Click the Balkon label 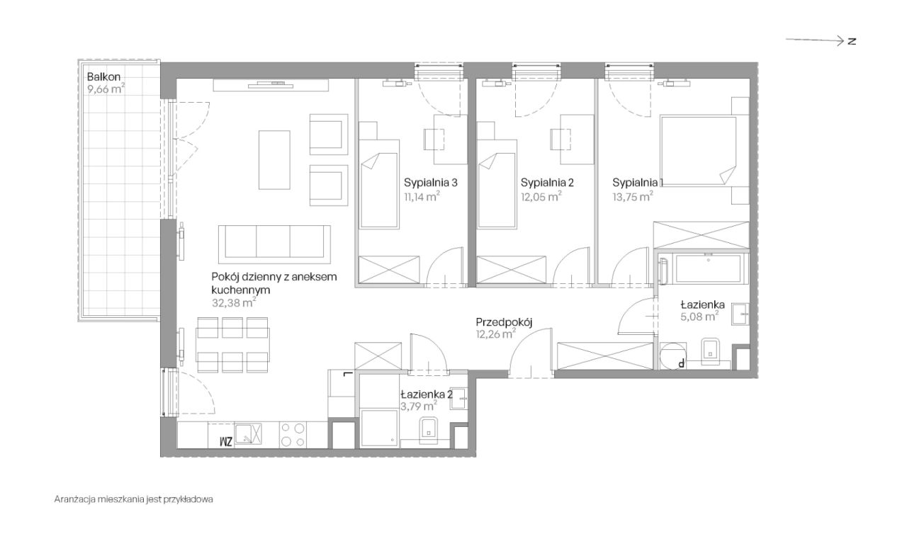point(103,76)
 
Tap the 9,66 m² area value point(106,89)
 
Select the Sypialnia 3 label point(430,183)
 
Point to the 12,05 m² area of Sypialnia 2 point(541,197)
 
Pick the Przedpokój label point(504,322)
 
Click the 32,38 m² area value point(234,303)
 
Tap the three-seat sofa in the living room point(274,244)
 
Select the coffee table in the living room point(274,160)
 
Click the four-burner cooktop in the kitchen point(293,435)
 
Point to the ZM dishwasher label point(226,441)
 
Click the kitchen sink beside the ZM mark point(248,433)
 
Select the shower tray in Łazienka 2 point(379,428)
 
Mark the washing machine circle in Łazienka point(672,356)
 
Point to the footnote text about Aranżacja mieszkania point(134,499)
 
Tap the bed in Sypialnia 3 point(378,184)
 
